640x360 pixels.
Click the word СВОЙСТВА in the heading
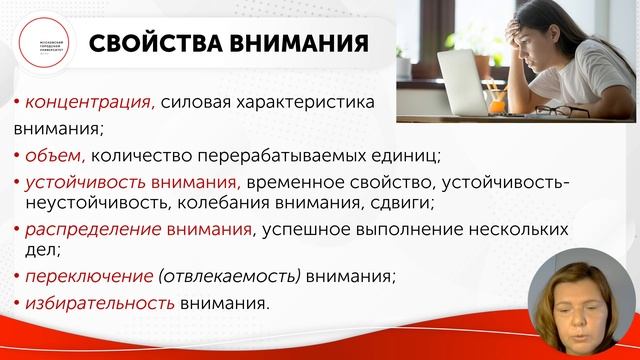pyautogui.click(x=155, y=46)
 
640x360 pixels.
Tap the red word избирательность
pyautogui.click(x=94, y=302)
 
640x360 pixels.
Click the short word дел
pyautogui.click(x=30, y=253)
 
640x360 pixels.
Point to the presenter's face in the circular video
pyautogui.click(x=585, y=300)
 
